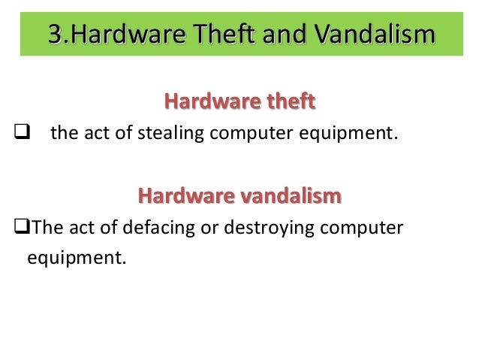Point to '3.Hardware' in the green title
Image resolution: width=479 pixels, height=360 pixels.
(x=114, y=35)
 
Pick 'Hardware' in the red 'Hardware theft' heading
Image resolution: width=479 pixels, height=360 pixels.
(x=204, y=101)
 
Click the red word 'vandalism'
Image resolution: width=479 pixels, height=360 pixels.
(x=295, y=197)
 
